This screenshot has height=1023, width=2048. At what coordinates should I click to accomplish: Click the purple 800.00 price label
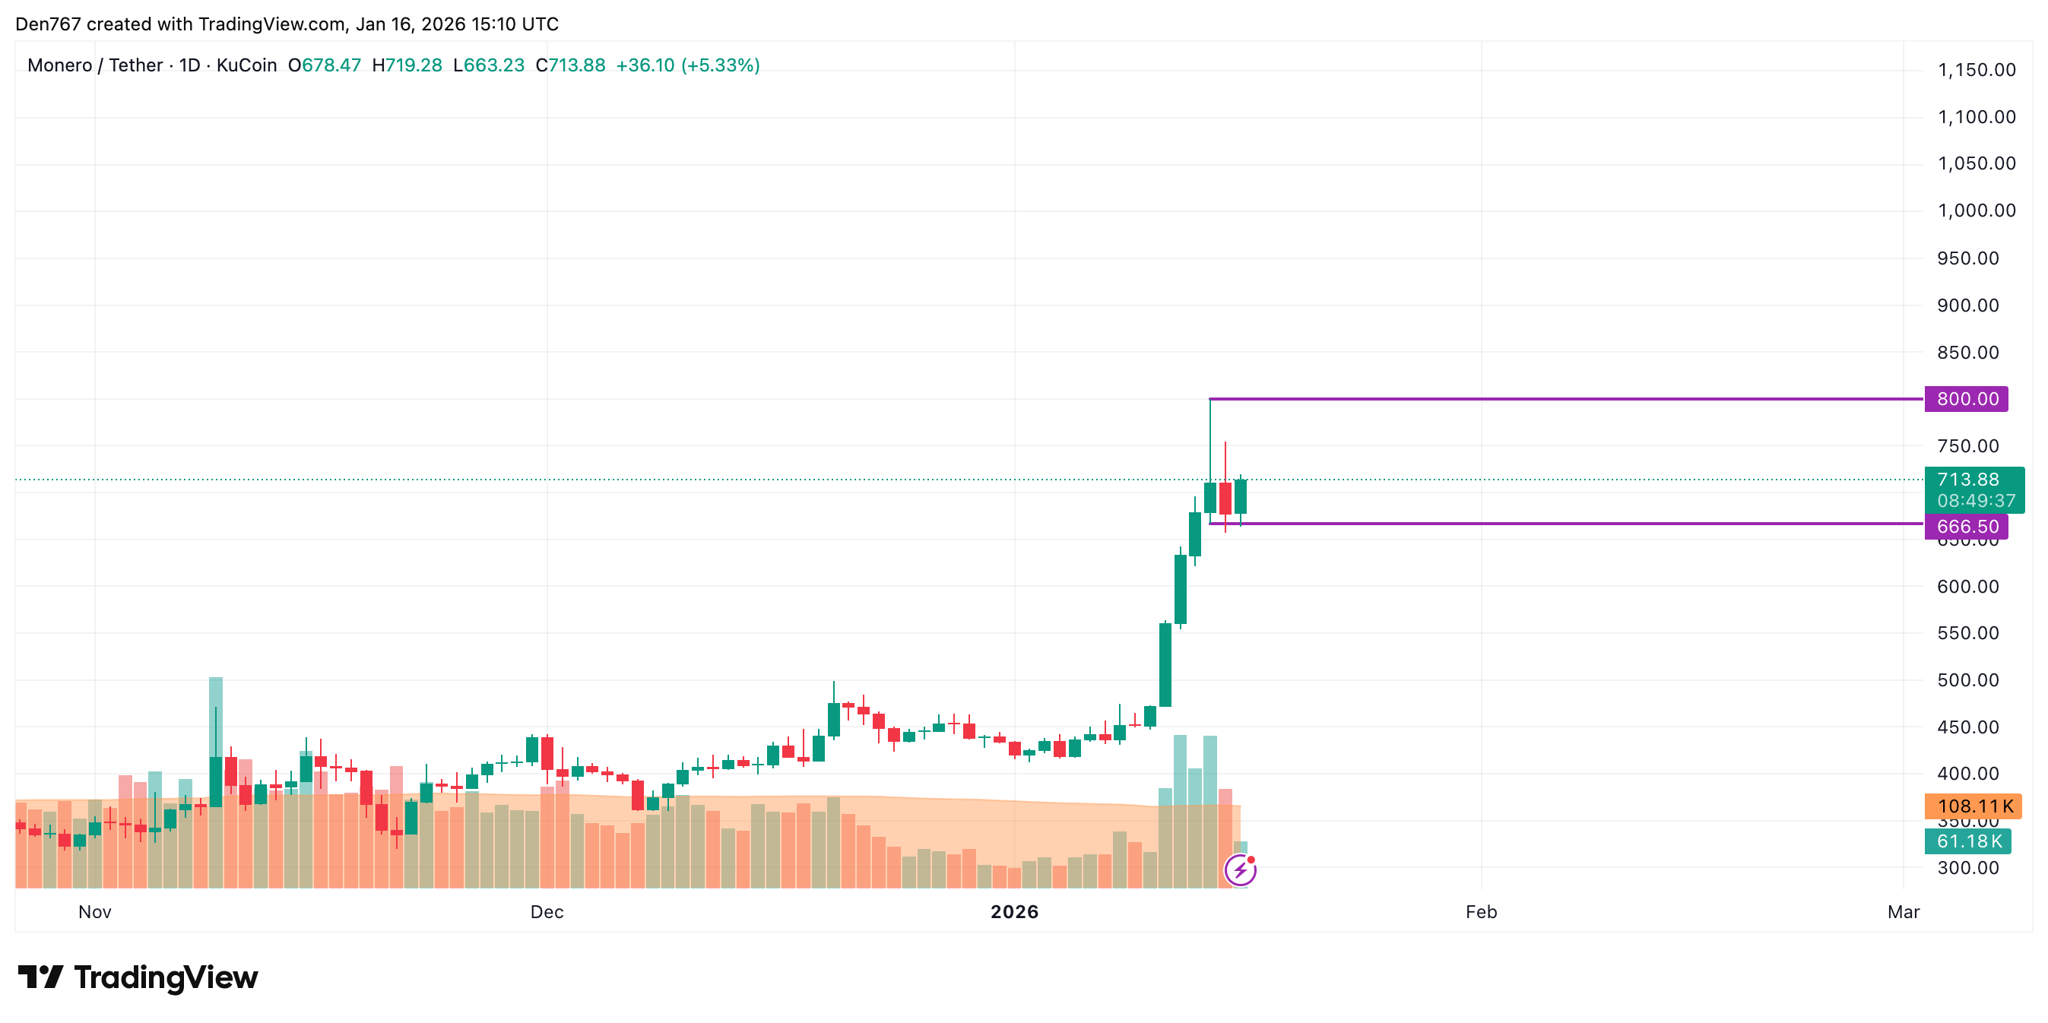tap(1966, 399)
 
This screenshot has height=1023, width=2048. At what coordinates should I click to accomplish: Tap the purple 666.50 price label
tap(1966, 526)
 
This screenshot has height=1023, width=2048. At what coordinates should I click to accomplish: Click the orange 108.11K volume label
tap(1973, 806)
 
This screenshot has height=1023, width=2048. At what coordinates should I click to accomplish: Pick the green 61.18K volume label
tap(1967, 841)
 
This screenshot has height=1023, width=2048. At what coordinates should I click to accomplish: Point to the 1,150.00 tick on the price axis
tap(1977, 70)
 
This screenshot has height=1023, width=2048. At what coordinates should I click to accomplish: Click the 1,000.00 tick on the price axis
tap(1977, 211)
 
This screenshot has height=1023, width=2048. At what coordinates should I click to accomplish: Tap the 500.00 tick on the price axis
tap(1967, 680)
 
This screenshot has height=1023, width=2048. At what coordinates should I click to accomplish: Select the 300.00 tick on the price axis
tap(1967, 868)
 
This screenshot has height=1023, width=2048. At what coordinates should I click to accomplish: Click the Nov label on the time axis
tap(94, 912)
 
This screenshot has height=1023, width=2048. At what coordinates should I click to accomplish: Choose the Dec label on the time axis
tap(547, 912)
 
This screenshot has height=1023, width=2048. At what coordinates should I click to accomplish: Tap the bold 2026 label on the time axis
tap(1014, 912)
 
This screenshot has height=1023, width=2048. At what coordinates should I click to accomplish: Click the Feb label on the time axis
tap(1481, 912)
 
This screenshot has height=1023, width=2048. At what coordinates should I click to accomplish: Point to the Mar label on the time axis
tap(1904, 912)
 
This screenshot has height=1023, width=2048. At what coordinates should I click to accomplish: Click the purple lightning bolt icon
tap(1240, 870)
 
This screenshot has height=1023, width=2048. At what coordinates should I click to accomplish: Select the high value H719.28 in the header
tap(407, 65)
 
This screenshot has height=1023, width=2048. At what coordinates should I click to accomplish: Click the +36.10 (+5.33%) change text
tap(688, 65)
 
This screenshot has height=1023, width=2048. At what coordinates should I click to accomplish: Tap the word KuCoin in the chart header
tap(246, 65)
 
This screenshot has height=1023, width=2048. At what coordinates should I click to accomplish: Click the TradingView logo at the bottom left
tap(138, 977)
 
